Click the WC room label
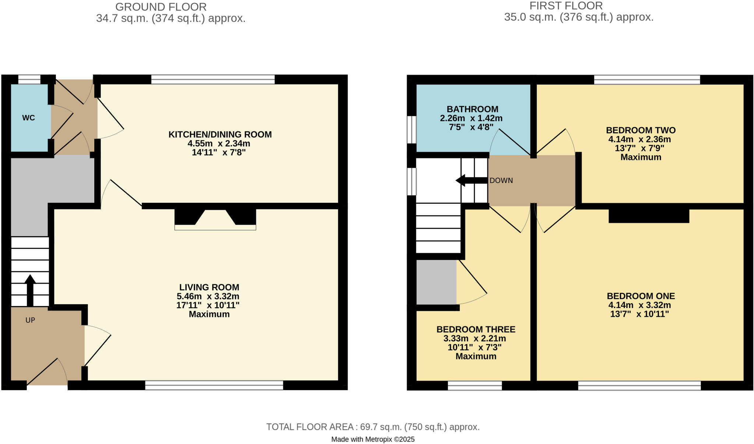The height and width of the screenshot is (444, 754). [28, 118]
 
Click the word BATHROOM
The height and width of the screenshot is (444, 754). [472, 109]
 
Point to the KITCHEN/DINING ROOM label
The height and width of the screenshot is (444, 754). [220, 135]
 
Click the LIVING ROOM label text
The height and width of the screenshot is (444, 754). [209, 287]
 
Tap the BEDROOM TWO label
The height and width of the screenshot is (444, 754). [641, 130]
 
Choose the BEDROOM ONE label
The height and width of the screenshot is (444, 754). [641, 296]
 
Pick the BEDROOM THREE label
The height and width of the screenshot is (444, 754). [476, 329]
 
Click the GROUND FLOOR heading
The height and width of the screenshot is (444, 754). [161, 7]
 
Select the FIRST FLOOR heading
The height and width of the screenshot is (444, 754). [566, 6]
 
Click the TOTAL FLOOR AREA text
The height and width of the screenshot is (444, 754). [373, 427]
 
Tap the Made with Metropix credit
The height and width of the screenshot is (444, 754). [373, 439]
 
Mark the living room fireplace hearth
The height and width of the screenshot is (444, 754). [215, 228]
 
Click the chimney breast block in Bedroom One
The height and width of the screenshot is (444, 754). [649, 216]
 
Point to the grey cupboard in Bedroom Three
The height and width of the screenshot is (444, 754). [436, 282]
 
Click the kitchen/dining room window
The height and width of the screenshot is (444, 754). [213, 79]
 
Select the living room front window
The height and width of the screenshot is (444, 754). [214, 385]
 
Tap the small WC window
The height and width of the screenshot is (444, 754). [29, 79]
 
